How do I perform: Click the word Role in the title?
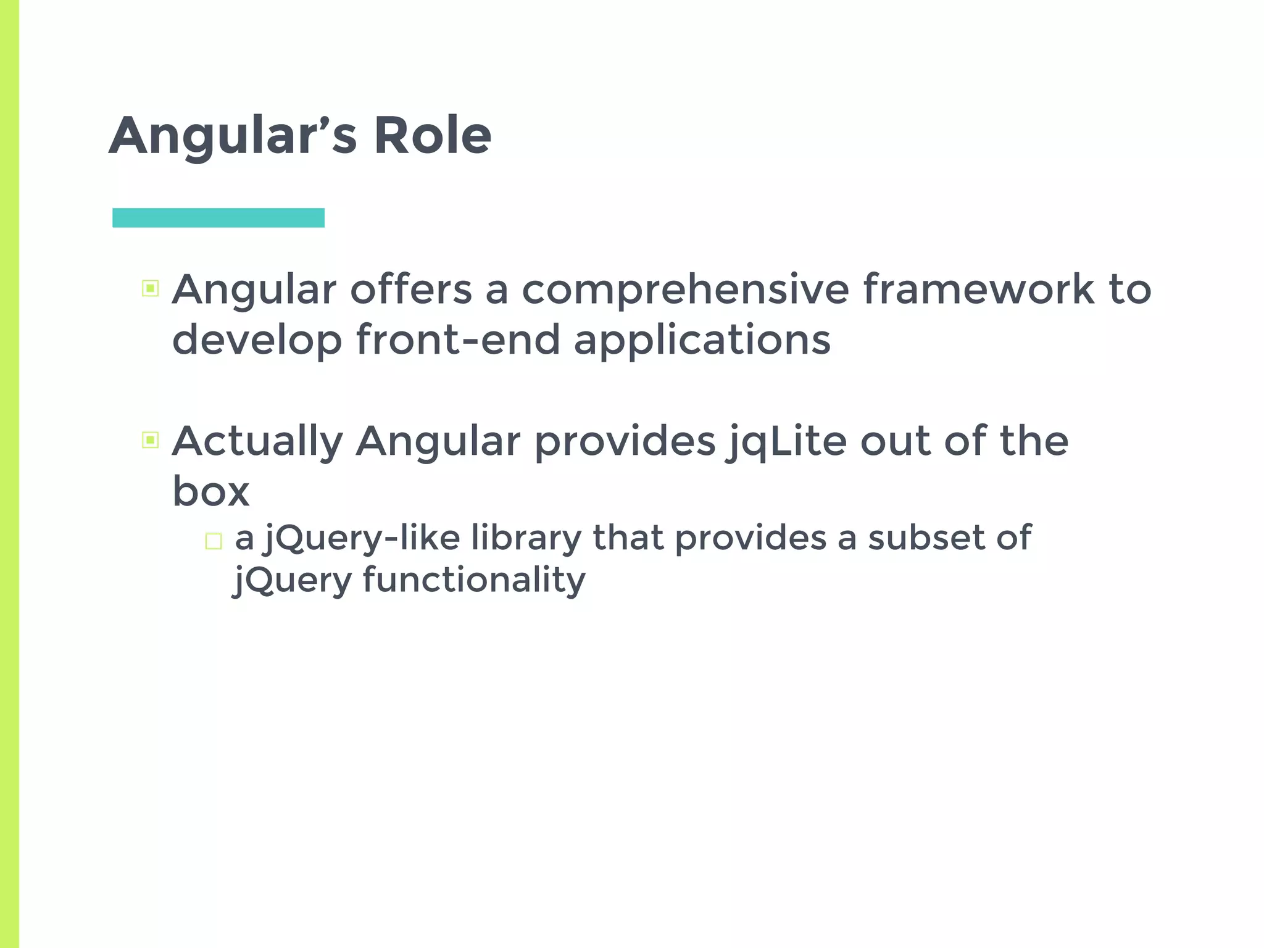pyautogui.click(x=432, y=136)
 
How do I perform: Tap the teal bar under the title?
pyautogui.click(x=218, y=218)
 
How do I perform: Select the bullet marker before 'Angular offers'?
pyautogui.click(x=150, y=288)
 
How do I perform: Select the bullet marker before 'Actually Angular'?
pyautogui.click(x=150, y=440)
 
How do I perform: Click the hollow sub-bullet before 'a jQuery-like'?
pyautogui.click(x=214, y=541)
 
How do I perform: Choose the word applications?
pyautogui.click(x=702, y=341)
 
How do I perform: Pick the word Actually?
pyautogui.click(x=257, y=442)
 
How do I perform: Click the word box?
pyautogui.click(x=210, y=492)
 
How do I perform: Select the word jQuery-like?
pyautogui.click(x=363, y=538)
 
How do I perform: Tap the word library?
pyautogui.click(x=526, y=538)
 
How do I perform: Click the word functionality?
pyautogui.click(x=474, y=580)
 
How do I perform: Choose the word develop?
pyautogui.click(x=257, y=341)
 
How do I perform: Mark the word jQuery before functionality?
pyautogui.click(x=292, y=581)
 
